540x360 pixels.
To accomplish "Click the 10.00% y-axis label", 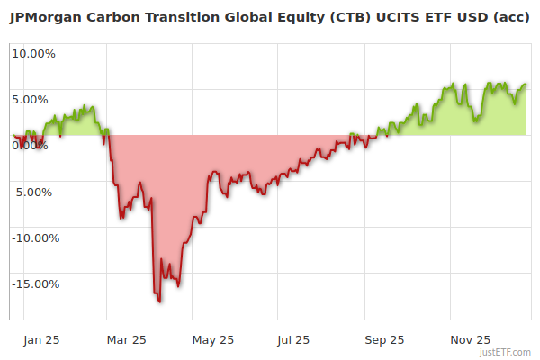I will pos(33,53).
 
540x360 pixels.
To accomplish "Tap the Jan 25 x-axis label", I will pos(41,339).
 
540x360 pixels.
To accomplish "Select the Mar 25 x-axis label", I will pos(126,339).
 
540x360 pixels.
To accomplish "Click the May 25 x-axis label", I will pos(213,339).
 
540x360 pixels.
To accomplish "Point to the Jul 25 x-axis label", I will pos(293,339).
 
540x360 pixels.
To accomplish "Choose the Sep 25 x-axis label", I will pos(384,339).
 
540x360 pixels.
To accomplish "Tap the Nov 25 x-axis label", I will pos(470,339).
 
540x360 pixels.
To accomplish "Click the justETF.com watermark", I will pos(507,352).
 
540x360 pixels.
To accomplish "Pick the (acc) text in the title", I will pos(509,17).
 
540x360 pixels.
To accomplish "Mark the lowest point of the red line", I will pos(160,301).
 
